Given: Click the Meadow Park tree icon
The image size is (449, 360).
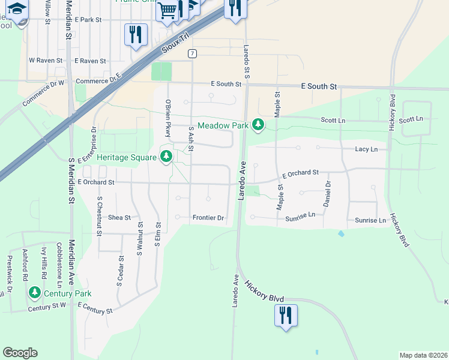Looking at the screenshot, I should (x=258, y=125).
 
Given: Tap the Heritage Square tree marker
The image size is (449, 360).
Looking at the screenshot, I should (x=166, y=157).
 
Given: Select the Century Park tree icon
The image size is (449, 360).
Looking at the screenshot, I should (x=35, y=293).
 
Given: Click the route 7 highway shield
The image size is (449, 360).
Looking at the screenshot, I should (x=191, y=53).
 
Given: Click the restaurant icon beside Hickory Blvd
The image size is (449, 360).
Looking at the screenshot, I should (x=285, y=314).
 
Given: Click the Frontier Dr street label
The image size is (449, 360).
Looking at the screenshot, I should (x=208, y=218).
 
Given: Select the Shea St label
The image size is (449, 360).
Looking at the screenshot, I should (x=119, y=218).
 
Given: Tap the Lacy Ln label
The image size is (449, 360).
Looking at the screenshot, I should (x=366, y=149).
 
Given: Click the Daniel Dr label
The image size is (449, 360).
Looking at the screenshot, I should (x=328, y=194).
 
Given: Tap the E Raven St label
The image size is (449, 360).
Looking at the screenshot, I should (x=90, y=61).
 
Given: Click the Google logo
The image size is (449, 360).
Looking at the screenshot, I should (x=20, y=353).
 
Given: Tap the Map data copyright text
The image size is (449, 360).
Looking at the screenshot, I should (x=423, y=355).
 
